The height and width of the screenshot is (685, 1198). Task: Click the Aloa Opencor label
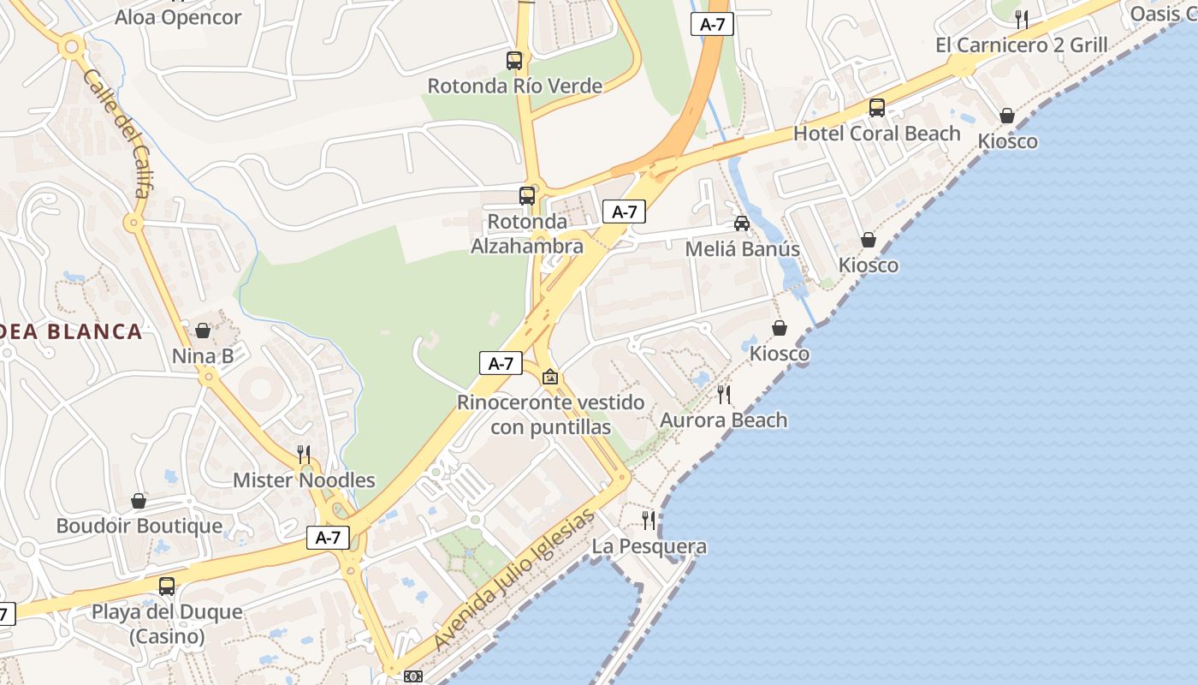coord(178,17)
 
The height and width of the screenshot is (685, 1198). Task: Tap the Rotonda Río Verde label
coord(514,86)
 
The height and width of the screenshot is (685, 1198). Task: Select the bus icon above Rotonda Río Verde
coord(514,61)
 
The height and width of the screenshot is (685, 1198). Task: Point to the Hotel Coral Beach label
coord(877,134)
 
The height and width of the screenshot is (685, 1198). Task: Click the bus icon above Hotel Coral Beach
coord(877,108)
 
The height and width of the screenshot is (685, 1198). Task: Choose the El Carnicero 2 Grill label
coord(1022,45)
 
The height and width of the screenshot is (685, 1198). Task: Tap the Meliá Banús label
coord(743,249)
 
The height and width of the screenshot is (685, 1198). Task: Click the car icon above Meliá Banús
coord(742,223)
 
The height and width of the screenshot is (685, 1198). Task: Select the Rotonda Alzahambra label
coord(527,234)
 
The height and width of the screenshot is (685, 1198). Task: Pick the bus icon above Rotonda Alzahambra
coord(527,195)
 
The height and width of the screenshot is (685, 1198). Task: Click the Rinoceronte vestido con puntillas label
coord(551,414)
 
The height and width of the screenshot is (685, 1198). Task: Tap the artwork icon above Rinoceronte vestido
coord(550,377)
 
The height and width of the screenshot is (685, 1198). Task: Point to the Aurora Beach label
coord(724,420)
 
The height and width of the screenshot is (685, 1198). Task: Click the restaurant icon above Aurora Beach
coord(724,394)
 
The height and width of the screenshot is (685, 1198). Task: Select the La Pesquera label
coord(649,546)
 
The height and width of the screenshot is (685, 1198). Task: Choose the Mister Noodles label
coord(304,480)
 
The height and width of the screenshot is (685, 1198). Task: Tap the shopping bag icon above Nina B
coord(203,331)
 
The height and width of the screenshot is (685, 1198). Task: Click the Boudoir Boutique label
coord(139,526)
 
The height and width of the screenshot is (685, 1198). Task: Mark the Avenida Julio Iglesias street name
coord(513,579)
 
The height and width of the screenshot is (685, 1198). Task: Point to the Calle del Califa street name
coord(118,134)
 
